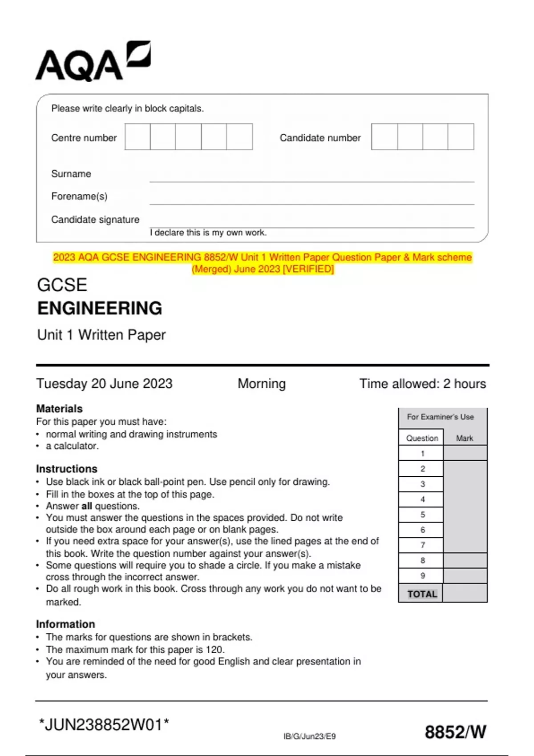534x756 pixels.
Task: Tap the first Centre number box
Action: tap(138, 137)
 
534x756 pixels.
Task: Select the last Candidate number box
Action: tap(461, 137)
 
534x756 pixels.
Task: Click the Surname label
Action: tap(71, 174)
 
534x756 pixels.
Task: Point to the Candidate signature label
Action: tap(95, 220)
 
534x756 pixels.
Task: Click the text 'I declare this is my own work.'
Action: tap(208, 233)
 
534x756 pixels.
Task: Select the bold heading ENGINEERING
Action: tap(100, 308)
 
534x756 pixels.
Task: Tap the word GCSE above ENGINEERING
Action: tap(62, 285)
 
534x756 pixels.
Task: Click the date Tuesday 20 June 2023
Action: tap(104, 383)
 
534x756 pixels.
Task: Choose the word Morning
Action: tap(262, 383)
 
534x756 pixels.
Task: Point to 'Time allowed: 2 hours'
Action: tap(422, 383)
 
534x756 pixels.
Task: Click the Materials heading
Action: tap(59, 408)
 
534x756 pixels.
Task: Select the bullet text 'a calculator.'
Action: tap(72, 446)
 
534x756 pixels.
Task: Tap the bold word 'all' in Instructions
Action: tap(87, 506)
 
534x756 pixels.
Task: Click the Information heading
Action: tap(65, 624)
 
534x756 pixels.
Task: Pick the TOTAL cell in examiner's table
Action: tap(422, 594)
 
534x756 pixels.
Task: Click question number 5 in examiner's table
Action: tap(422, 515)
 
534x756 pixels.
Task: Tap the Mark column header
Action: tap(465, 438)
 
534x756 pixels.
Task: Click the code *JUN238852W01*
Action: tap(104, 724)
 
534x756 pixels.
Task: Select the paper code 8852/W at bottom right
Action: tap(455, 732)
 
